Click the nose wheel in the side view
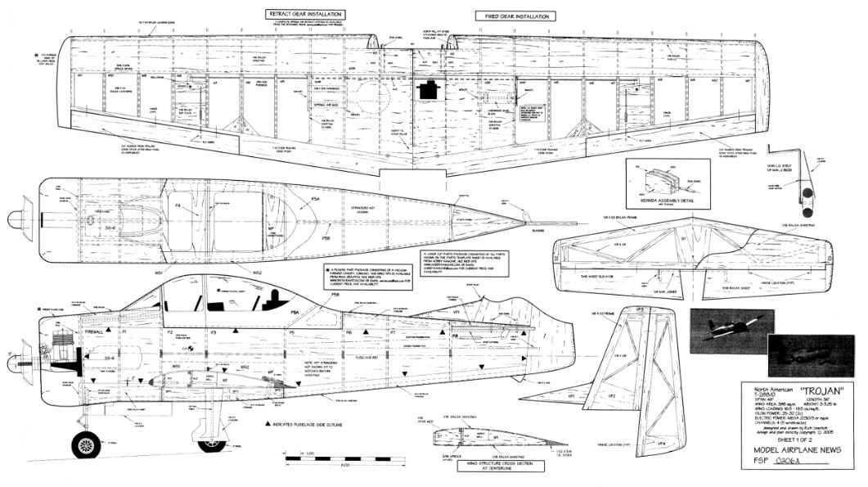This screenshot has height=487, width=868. pos(85,444)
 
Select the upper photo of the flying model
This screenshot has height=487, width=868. pos(731,331)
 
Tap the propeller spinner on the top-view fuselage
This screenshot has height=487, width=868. pos(16,219)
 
